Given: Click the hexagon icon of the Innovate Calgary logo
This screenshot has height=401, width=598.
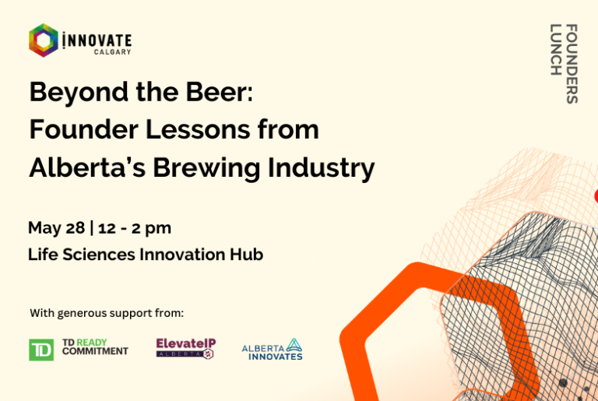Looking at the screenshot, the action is click(x=44, y=40).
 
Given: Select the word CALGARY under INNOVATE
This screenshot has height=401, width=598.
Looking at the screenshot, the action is click(x=112, y=52).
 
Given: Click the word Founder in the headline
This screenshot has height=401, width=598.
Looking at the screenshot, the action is click(x=83, y=129).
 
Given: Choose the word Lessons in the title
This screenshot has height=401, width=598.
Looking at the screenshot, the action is click(x=198, y=130).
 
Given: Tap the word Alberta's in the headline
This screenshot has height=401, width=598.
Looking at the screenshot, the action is click(x=87, y=167).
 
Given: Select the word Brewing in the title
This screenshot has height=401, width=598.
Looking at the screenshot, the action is click(x=206, y=168).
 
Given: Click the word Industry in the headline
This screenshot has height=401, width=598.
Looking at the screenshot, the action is click(x=321, y=168).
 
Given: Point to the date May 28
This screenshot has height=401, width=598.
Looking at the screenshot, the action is click(x=56, y=228).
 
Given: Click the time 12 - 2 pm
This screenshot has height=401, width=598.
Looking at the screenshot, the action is click(x=135, y=229).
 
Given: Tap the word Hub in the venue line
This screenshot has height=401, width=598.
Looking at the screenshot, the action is click(x=246, y=255).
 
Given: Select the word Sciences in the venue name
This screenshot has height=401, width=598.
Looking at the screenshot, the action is click(x=99, y=255).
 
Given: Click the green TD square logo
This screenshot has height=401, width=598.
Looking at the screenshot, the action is click(x=41, y=350).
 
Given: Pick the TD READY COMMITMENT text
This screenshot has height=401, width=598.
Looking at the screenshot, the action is click(x=95, y=346).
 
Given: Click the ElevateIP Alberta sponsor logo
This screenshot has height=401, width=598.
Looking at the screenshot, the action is click(x=186, y=348).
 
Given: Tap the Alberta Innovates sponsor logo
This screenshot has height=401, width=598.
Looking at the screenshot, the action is click(x=273, y=350).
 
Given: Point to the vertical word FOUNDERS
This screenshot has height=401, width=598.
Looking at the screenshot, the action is click(x=572, y=64).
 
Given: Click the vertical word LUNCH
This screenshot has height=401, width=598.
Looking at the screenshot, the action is click(x=556, y=50).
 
